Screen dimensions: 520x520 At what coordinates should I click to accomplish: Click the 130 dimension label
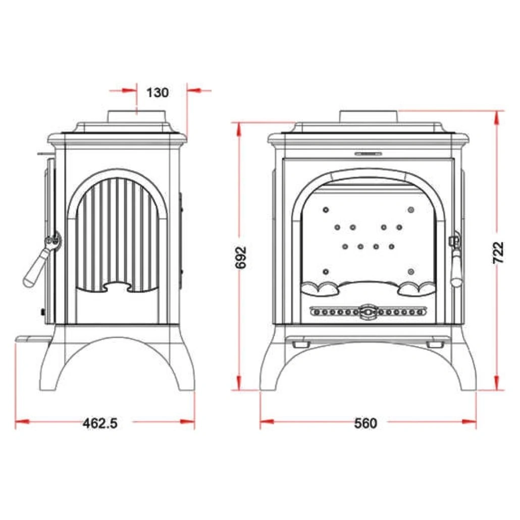[157, 92]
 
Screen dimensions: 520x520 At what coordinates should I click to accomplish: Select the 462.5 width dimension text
[100, 423]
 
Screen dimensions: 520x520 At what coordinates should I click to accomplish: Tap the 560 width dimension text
[365, 423]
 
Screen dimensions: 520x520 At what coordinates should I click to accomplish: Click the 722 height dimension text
[498, 252]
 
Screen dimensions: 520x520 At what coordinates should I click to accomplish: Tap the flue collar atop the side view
[136, 116]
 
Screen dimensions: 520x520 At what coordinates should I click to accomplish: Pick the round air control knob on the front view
[368, 313]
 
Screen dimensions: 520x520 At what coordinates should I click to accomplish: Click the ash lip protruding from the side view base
[33, 338]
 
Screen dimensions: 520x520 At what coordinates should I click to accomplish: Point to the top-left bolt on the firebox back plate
[326, 209]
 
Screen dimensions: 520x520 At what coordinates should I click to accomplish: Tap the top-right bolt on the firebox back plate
[411, 209]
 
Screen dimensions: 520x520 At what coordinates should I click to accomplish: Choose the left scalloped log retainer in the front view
[320, 288]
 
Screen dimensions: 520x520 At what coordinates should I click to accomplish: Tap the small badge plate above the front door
[368, 152]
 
